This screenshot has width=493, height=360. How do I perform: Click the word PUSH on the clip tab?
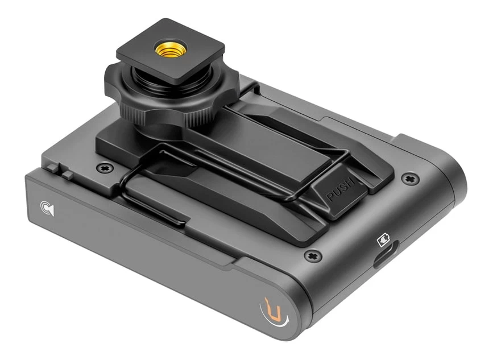341,189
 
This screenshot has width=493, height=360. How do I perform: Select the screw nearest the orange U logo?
313,255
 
